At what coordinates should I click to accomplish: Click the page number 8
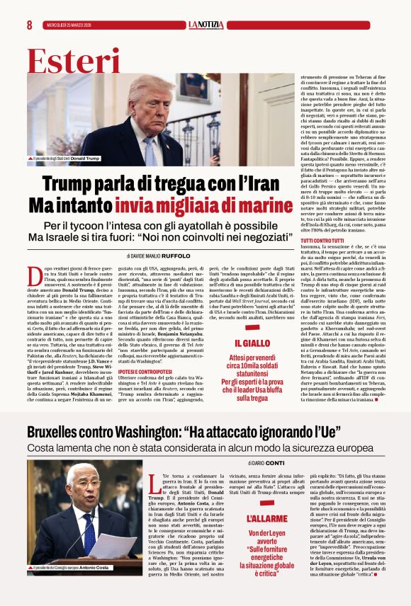(x=29, y=25)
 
